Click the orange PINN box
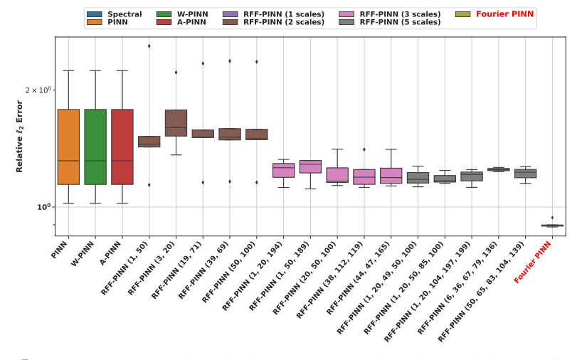point(68,147)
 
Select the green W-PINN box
point(95,147)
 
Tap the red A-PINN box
point(122,147)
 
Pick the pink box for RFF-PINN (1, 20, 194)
point(283,171)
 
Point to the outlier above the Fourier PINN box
point(552,218)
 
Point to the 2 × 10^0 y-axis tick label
point(38,90)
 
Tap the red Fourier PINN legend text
point(505,14)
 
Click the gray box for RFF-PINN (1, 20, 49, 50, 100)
point(418,178)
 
